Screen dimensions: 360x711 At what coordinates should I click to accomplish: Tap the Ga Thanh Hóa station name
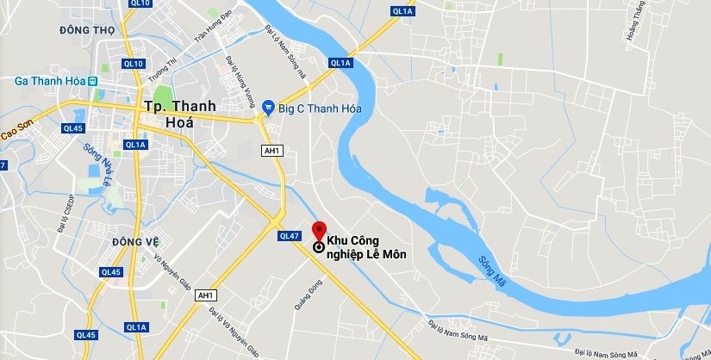pyautogui.click(x=50, y=81)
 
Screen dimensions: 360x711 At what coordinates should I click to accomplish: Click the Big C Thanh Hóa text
pyautogui.click(x=319, y=107)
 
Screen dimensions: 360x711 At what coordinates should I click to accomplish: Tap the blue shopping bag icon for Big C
pyautogui.click(x=268, y=107)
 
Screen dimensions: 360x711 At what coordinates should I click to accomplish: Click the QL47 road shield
pyautogui.click(x=289, y=236)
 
